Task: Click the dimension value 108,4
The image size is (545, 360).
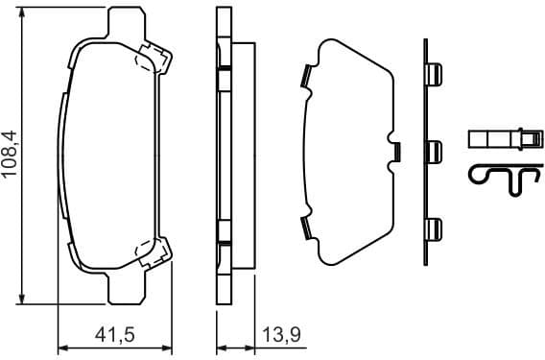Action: coord(12,157)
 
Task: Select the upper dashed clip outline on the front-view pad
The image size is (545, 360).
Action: coord(152,59)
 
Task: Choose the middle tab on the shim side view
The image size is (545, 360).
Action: coord(434,151)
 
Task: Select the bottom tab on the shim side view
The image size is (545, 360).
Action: coord(434,228)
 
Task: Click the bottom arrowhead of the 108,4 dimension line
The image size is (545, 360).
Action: coord(22,300)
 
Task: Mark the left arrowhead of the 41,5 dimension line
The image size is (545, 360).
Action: coord(63,347)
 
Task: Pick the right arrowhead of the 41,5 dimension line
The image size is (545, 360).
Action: coord(169,347)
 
